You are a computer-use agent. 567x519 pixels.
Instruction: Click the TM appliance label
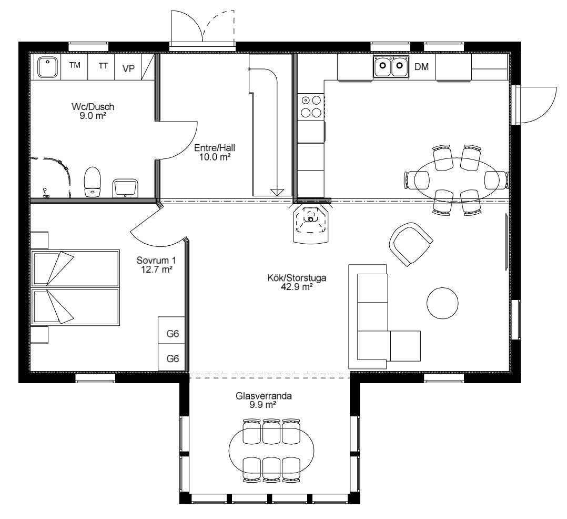point(75,65)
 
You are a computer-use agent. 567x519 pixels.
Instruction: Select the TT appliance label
point(104,66)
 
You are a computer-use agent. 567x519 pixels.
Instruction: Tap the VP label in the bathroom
point(128,68)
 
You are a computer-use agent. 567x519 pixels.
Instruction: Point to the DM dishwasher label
point(422,67)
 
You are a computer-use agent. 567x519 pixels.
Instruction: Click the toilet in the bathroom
point(92,182)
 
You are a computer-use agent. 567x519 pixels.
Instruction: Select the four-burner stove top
point(311,107)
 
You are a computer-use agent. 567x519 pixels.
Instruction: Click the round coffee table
point(442,303)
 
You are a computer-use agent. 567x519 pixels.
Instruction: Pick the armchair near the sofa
point(411,244)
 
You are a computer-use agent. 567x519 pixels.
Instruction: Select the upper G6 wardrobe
point(172,330)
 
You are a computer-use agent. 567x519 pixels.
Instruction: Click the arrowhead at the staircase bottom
point(277,192)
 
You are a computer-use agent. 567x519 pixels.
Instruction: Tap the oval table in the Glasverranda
point(271,451)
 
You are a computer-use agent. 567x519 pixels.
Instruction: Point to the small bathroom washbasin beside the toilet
point(125,188)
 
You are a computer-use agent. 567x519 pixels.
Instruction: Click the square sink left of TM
point(48,67)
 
